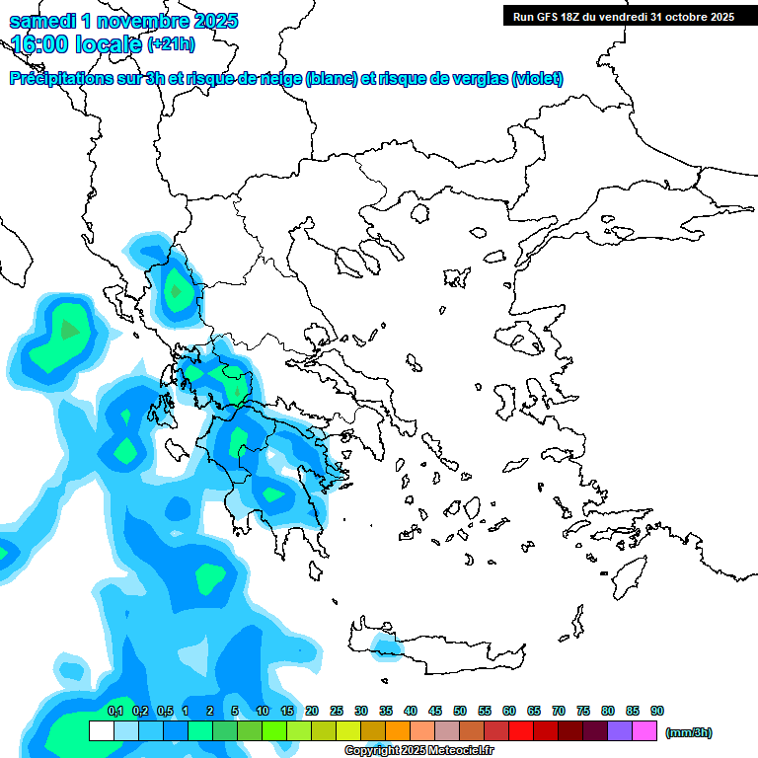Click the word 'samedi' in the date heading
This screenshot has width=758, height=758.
click(39, 21)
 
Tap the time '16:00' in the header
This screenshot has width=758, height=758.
click(39, 44)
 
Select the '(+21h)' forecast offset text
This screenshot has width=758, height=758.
click(171, 44)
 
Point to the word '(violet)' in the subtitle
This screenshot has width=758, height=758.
click(537, 79)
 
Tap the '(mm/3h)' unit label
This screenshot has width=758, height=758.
click(688, 732)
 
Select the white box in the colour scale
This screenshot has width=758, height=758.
click(101, 731)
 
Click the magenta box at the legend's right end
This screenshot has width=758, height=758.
click(644, 731)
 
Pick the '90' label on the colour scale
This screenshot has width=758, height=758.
click(657, 711)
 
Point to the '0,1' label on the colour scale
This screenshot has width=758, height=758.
click(114, 711)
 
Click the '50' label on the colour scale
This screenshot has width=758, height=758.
click(460, 711)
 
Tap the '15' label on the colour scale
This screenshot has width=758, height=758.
click(287, 711)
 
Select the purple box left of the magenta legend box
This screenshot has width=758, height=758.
click(619, 731)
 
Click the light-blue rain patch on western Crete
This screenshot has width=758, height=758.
click(386, 646)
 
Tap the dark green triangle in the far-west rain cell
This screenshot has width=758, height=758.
click(69, 330)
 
